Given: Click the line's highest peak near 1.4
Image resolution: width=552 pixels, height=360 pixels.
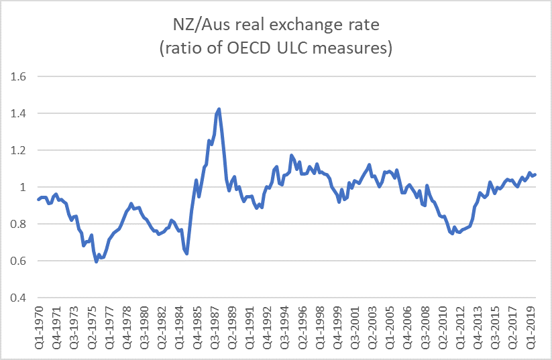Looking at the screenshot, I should (x=219, y=109).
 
